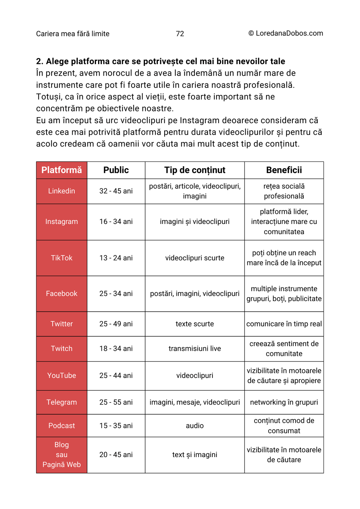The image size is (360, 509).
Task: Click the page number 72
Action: click(x=180, y=34)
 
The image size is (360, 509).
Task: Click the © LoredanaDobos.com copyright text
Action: click(x=285, y=33)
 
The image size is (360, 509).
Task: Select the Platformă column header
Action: click(x=61, y=170)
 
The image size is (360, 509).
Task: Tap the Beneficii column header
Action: click(x=284, y=170)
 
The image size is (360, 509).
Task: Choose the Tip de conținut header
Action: click(x=195, y=170)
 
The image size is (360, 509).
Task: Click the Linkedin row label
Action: click(x=61, y=191)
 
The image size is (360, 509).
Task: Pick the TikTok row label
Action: click(x=61, y=258)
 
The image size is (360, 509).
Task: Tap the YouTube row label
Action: click(x=61, y=376)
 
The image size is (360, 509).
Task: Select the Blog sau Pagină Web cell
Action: click(x=61, y=455)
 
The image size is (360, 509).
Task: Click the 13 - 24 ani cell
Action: click(x=116, y=258)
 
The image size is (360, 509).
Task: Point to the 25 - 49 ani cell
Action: click(x=116, y=324)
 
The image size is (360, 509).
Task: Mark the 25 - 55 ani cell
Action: click(x=116, y=402)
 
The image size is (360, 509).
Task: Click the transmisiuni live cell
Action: click(x=195, y=348)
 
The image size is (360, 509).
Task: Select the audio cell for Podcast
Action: click(x=195, y=426)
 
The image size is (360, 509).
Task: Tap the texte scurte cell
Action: click(x=195, y=324)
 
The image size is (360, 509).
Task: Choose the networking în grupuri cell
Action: click(x=284, y=402)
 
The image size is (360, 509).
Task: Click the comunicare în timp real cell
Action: click(x=284, y=324)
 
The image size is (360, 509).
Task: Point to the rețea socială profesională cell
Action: click(x=284, y=191)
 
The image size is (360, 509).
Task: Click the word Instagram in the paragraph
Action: click(x=200, y=120)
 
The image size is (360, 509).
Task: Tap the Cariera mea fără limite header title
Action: click(x=73, y=34)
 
